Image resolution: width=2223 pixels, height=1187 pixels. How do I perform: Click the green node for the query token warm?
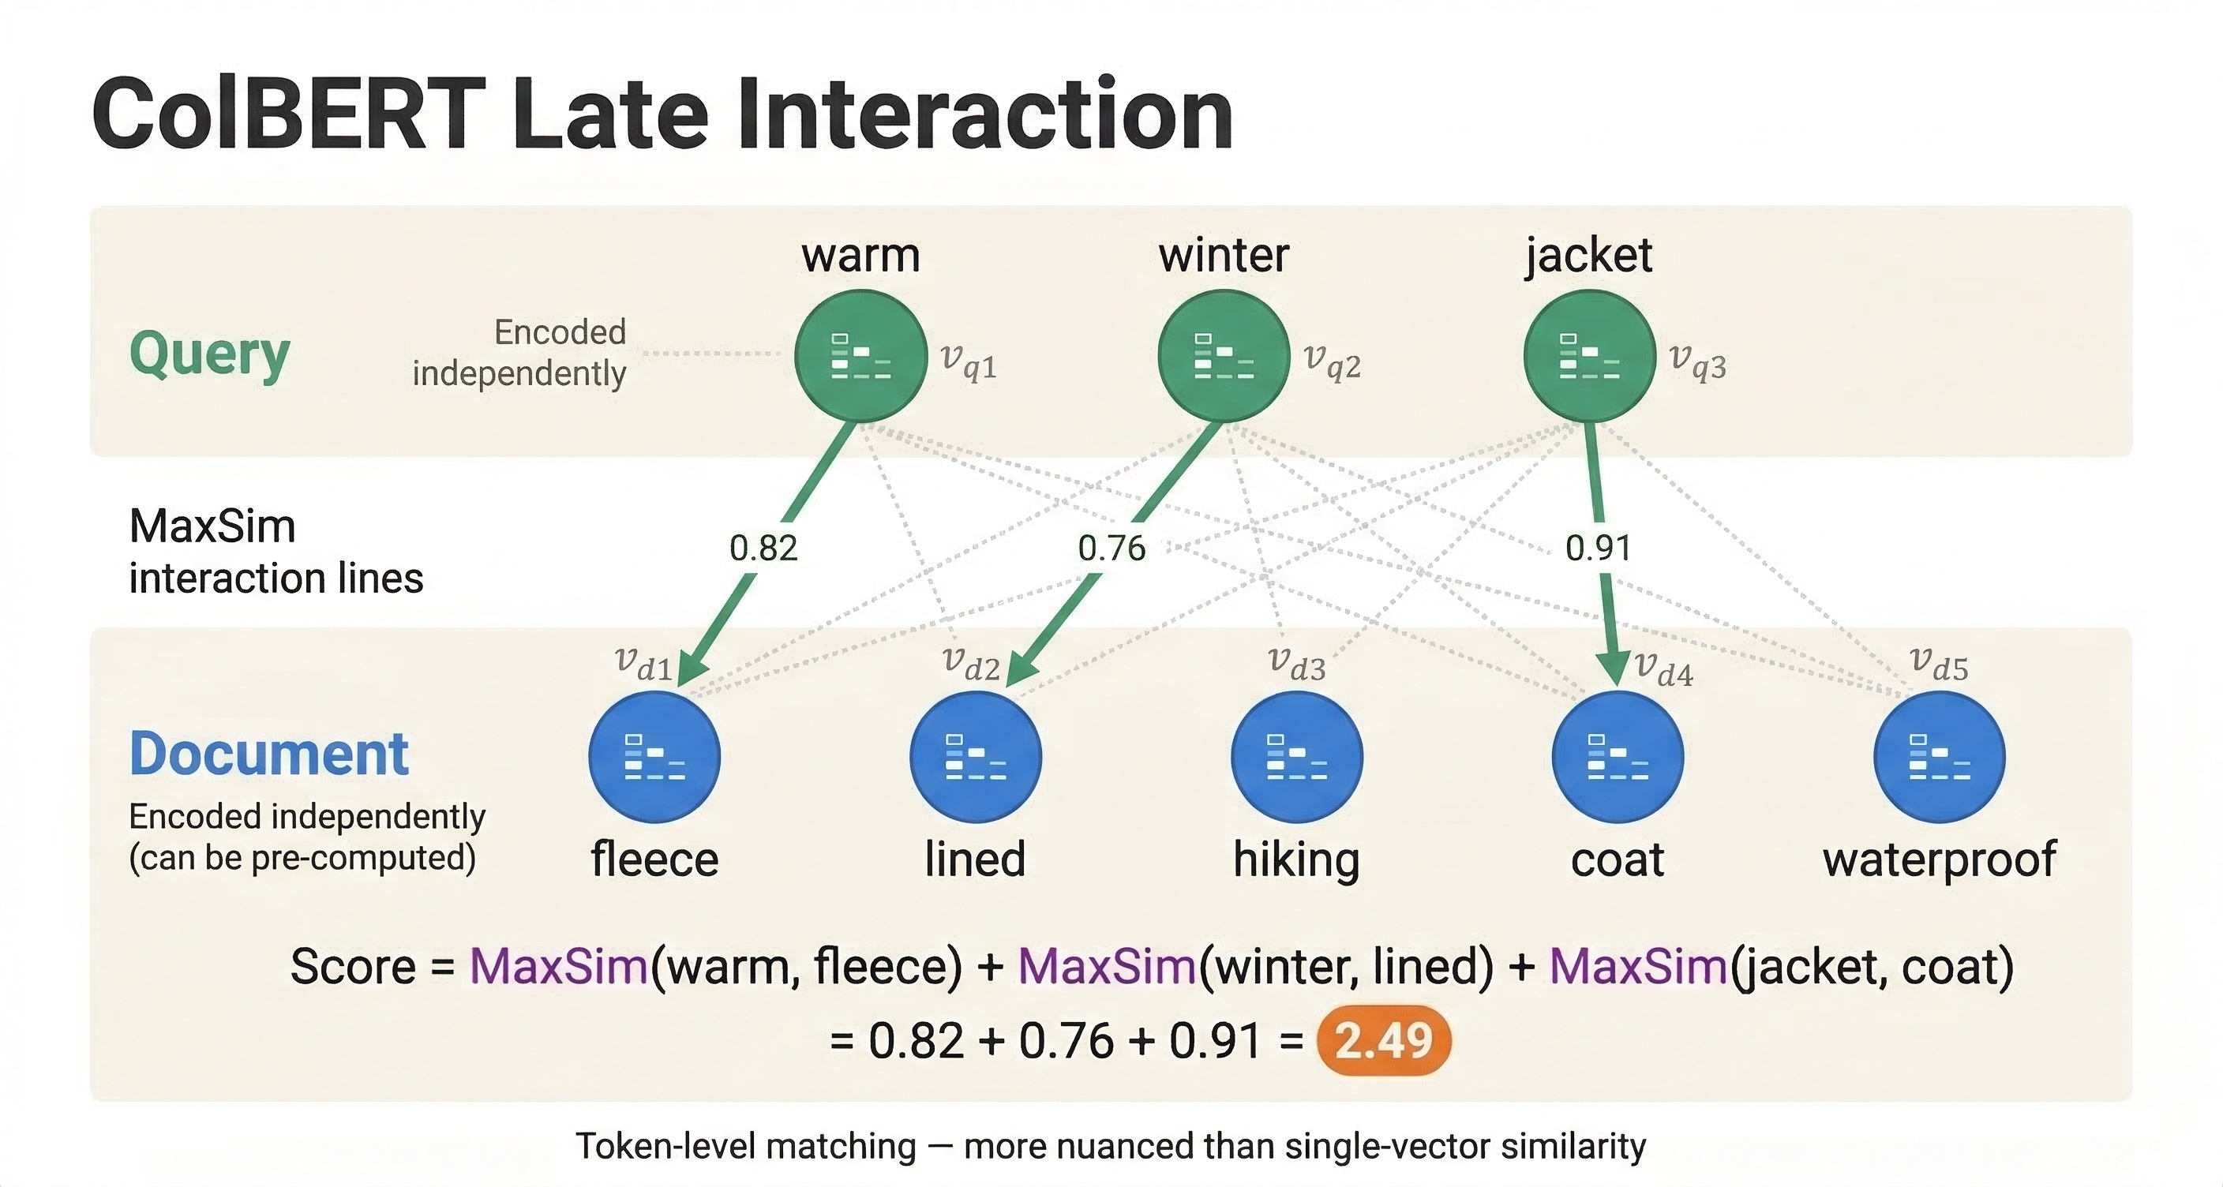[x=860, y=355]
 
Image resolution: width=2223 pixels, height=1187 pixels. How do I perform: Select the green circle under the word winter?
[x=1224, y=355]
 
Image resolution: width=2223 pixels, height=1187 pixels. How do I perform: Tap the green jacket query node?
[x=1590, y=355]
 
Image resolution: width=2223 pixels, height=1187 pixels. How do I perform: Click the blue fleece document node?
[x=654, y=757]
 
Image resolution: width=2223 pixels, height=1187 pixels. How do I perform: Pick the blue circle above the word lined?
[x=975, y=757]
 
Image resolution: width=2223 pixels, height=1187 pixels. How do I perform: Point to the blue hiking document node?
[x=1296, y=757]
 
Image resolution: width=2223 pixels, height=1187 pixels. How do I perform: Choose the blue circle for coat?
[x=1618, y=757]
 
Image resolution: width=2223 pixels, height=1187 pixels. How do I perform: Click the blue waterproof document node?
[x=1939, y=757]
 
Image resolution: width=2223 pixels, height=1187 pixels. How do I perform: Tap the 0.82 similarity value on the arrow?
[x=763, y=548]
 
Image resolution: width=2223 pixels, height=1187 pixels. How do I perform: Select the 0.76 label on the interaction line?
[x=1111, y=548]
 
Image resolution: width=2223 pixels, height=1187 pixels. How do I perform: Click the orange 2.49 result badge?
[x=1383, y=1040]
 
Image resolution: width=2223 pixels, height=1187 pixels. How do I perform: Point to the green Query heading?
[x=210, y=354]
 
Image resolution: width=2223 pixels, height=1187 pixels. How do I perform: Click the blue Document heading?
[x=268, y=754]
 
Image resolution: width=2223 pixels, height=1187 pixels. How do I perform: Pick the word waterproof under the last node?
[x=1939, y=859]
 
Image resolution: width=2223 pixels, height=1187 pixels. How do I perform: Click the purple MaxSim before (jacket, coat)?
[x=1637, y=966]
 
